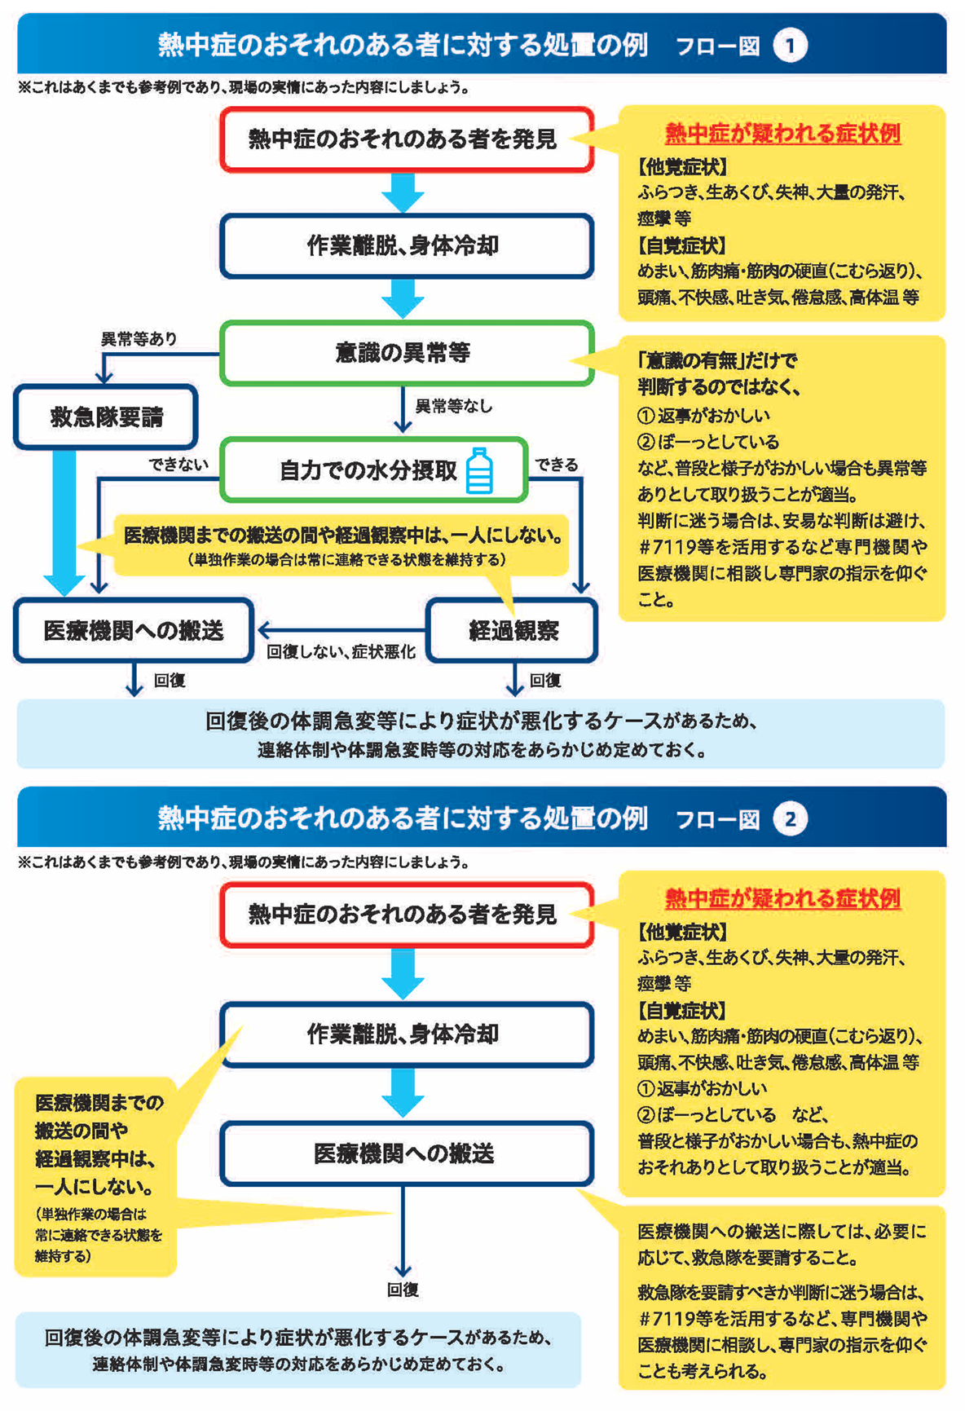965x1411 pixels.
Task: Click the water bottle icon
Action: (479, 470)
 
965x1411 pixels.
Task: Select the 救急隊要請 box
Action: (106, 417)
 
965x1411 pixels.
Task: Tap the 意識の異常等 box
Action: (406, 353)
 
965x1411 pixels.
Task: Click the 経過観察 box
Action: (513, 630)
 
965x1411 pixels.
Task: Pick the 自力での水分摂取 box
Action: (373, 470)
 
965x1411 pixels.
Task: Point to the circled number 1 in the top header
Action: (789, 46)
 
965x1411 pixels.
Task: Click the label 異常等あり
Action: (139, 338)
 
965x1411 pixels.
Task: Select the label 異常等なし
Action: (454, 405)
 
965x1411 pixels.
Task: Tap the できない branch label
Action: (178, 464)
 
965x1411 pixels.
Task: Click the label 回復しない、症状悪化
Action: (341, 651)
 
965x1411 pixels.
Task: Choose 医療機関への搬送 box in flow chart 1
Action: (134, 630)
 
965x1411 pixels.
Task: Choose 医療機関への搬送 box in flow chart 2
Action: (406, 1153)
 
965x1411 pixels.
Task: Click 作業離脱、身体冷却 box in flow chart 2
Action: (406, 1034)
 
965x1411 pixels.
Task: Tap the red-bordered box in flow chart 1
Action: (406, 139)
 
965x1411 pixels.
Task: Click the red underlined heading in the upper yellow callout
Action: (782, 133)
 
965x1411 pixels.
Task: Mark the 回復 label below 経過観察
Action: (544, 680)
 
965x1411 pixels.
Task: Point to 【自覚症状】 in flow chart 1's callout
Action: (681, 245)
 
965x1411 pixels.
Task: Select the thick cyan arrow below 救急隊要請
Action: (64, 522)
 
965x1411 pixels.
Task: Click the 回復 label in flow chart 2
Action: (403, 1289)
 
